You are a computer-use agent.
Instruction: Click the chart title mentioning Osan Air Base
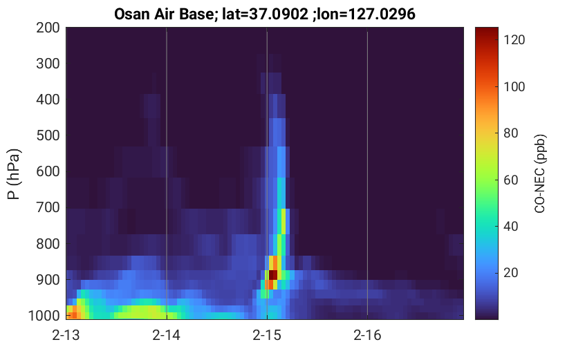coord(264,14)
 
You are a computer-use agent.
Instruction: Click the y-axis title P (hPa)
coord(14,174)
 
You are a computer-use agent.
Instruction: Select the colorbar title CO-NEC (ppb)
coord(539,174)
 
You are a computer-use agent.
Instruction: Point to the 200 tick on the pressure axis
coord(48,28)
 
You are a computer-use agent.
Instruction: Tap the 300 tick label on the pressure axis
coord(48,64)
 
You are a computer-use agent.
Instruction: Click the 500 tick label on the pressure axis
coord(48,135)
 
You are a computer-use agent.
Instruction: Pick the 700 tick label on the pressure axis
coord(48,207)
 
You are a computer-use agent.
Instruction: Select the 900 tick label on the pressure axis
coord(48,280)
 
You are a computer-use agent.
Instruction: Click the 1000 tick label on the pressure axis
coord(44,316)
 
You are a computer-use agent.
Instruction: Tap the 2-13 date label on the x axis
coord(66,335)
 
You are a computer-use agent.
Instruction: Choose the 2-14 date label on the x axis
coord(167,335)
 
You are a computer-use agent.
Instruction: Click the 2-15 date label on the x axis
coord(267,335)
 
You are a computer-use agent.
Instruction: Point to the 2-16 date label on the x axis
coord(367,335)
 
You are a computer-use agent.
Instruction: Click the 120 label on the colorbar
coord(514,39)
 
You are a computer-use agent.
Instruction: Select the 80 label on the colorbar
coord(510,133)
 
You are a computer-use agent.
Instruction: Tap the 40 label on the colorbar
coord(510,227)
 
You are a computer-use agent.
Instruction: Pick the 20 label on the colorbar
coord(510,273)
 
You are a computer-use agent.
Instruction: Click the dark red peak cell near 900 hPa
coord(273,275)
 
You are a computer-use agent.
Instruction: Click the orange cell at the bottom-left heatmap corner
coord(73,315)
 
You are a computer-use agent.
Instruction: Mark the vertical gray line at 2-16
coord(367,173)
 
